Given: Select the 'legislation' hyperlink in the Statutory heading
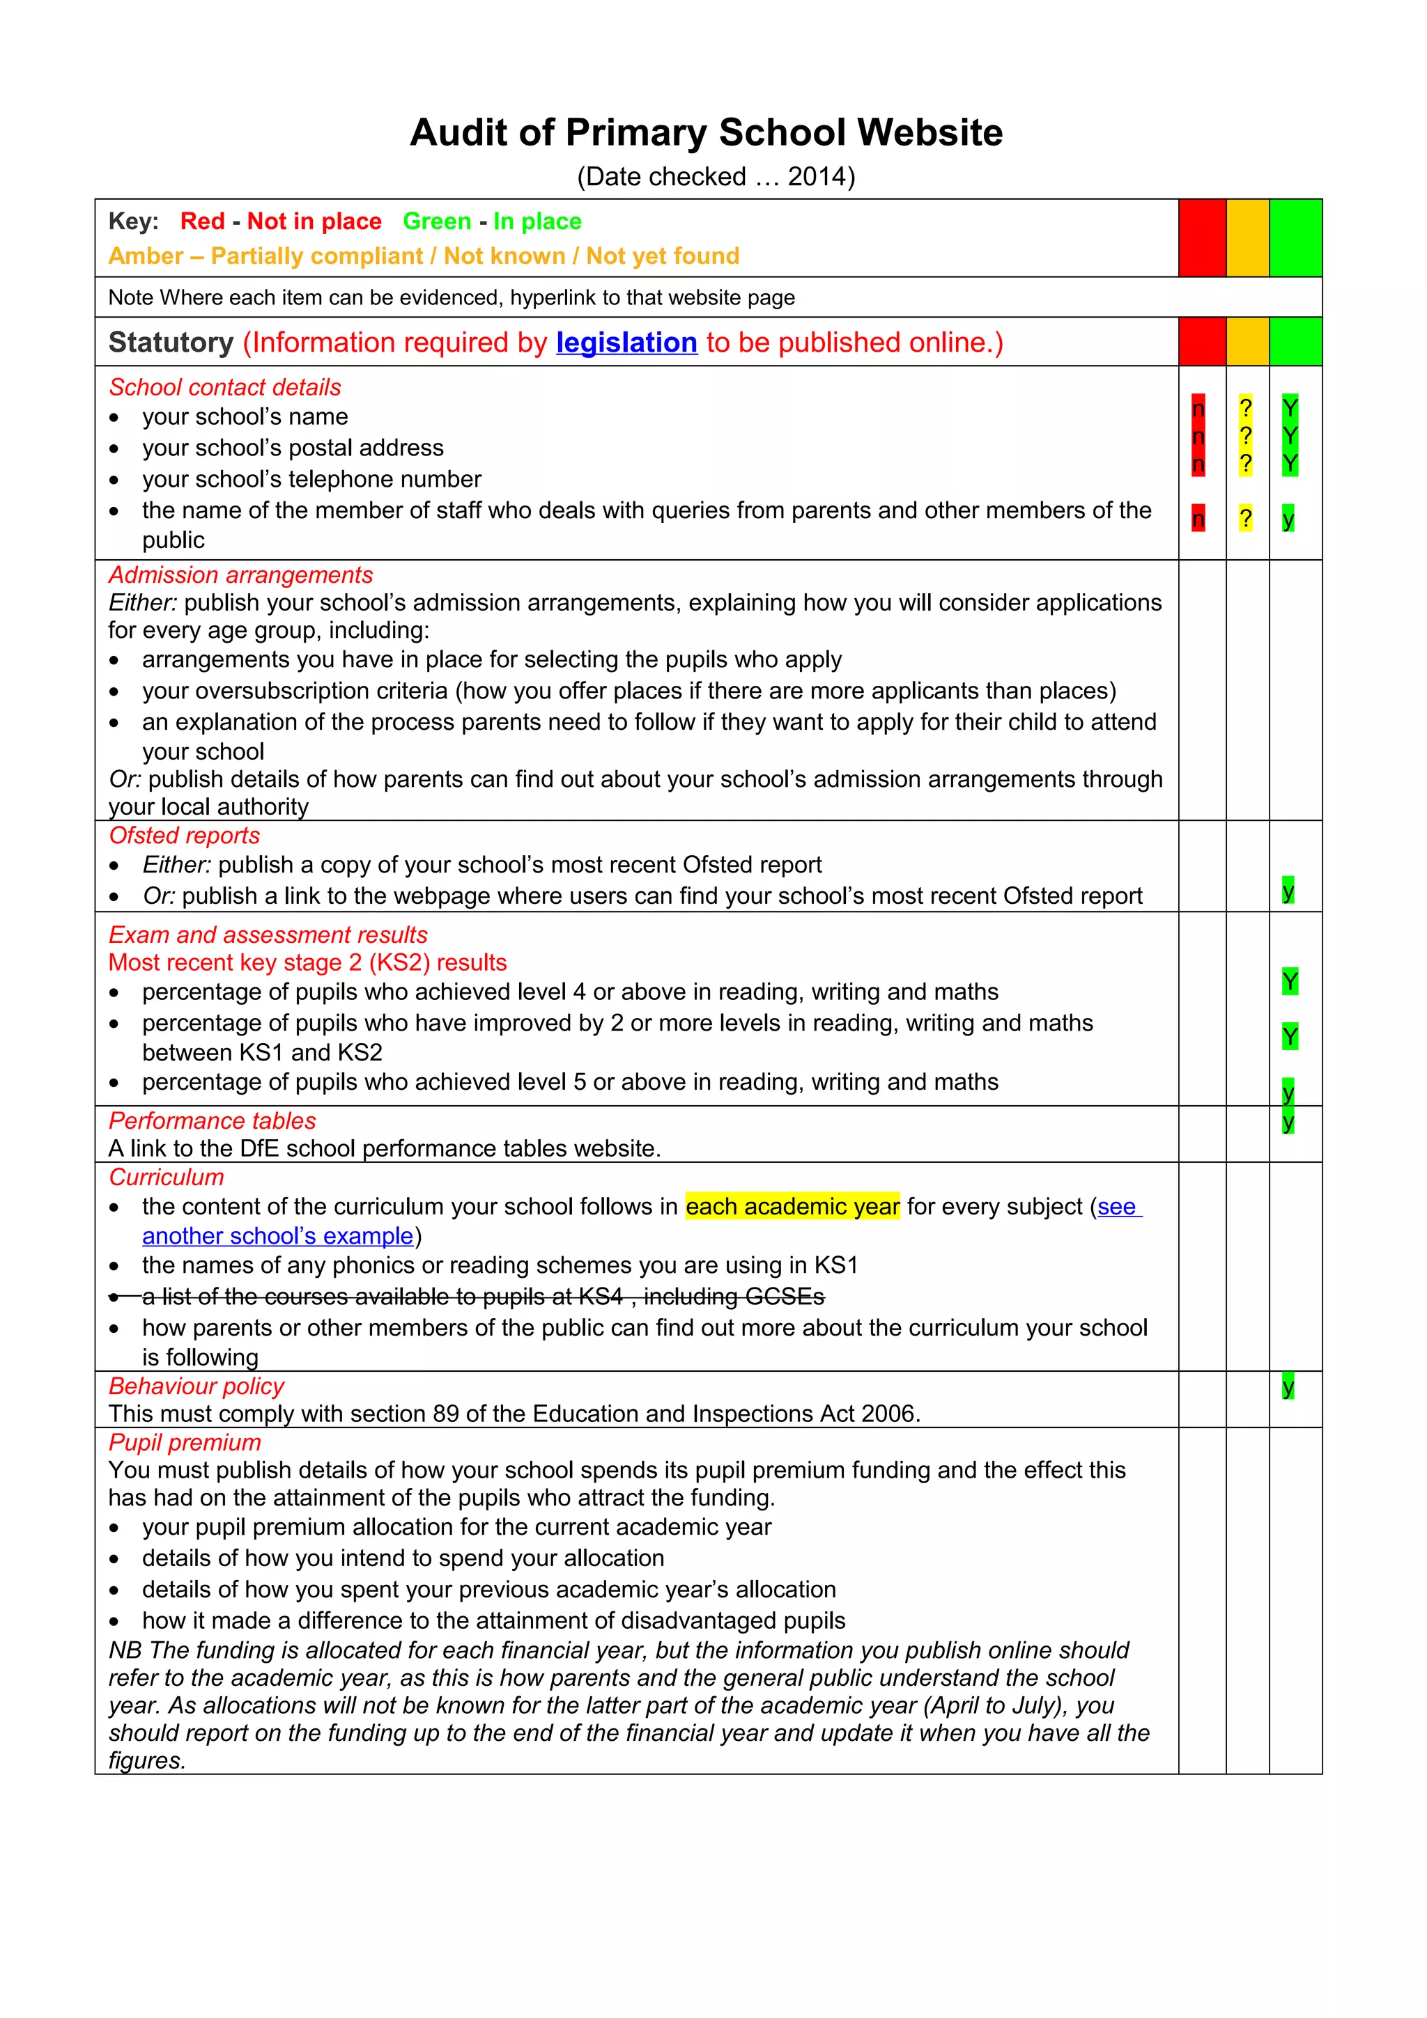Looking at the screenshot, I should click(x=626, y=342).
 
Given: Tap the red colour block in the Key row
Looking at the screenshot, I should click(x=1201, y=237).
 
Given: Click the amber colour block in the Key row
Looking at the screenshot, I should click(x=1247, y=237).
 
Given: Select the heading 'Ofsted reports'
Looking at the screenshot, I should click(x=184, y=835).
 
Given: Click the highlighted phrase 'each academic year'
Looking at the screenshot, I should click(x=792, y=1206).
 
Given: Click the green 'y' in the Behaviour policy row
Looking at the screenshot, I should click(x=1287, y=1387).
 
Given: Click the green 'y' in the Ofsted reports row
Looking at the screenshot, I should click(x=1287, y=891).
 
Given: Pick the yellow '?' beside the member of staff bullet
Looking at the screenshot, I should click(x=1245, y=519).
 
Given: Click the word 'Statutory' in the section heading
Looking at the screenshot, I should click(x=171, y=342).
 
